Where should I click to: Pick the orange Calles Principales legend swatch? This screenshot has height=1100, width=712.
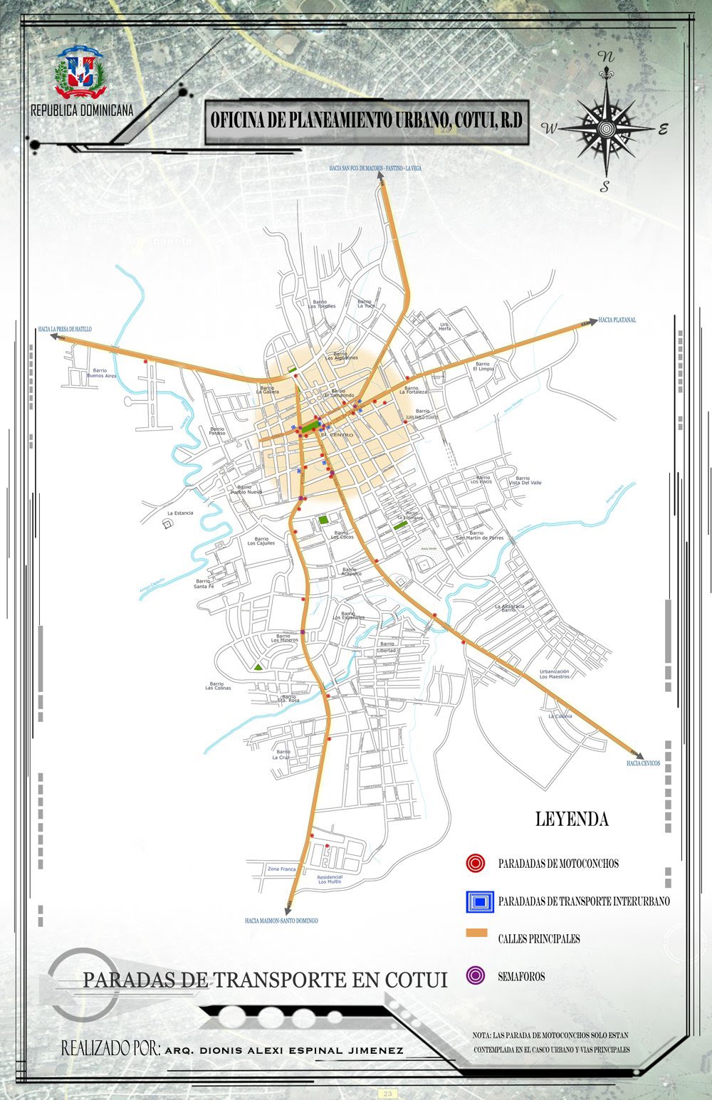pos(476,933)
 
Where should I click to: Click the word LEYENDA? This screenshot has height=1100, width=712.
pos(572,819)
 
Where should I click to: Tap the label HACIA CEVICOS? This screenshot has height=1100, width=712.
pos(643,763)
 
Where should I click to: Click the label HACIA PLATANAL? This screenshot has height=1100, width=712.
pos(617,320)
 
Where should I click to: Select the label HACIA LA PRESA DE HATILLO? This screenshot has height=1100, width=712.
pos(66,329)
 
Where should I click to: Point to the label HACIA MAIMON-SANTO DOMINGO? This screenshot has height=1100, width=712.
pos(281,921)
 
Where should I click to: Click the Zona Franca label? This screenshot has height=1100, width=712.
pos(281,869)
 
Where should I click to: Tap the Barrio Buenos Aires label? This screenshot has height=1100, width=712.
pos(99,373)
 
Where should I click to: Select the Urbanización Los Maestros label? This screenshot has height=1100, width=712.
pos(554,674)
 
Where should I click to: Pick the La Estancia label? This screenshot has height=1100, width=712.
pos(180,513)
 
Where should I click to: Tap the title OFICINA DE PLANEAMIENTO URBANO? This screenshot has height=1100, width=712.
pos(366,121)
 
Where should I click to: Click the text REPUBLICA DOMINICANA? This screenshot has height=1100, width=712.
pos(82,111)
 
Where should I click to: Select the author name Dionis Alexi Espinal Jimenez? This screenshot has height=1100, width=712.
pos(283,1050)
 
